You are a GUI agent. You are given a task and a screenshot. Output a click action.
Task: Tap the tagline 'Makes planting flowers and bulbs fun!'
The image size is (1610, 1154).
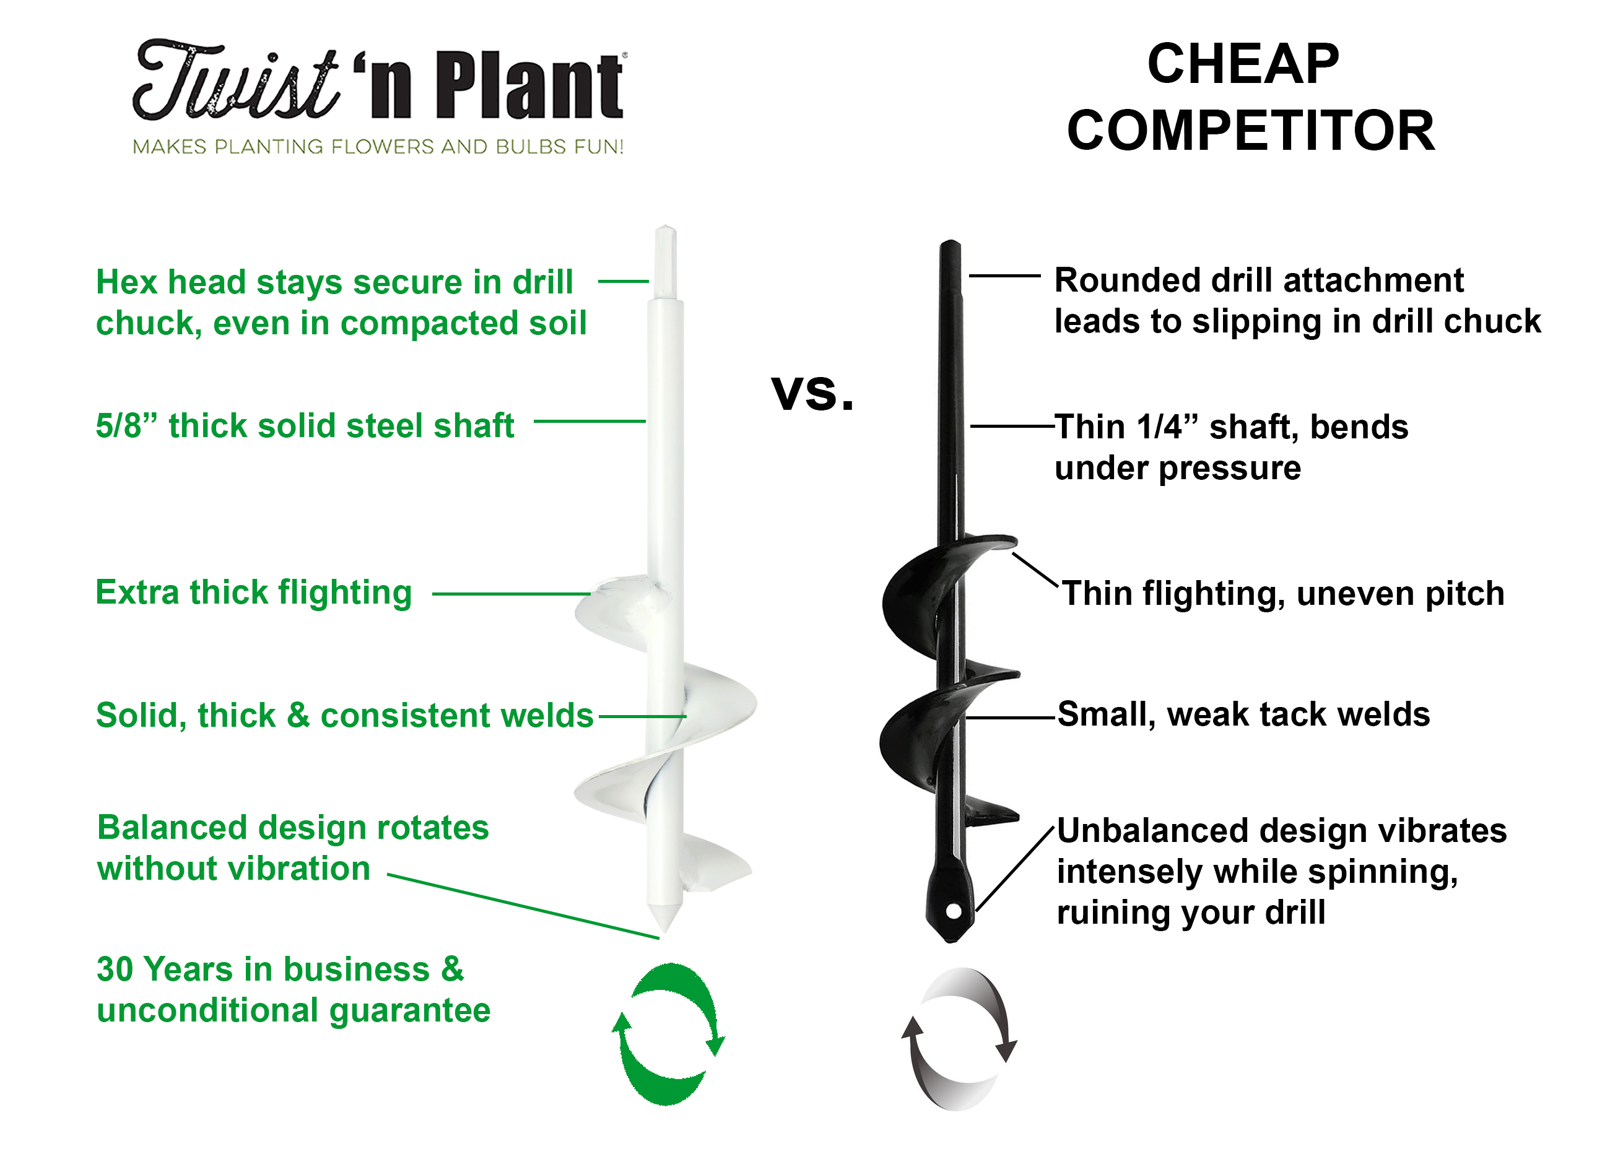tap(378, 147)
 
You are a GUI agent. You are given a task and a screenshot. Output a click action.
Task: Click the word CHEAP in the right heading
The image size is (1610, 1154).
tap(1243, 64)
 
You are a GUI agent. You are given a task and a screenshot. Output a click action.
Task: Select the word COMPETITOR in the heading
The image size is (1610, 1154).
tap(1251, 131)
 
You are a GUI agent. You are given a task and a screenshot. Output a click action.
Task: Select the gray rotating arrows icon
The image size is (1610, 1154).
tap(959, 1038)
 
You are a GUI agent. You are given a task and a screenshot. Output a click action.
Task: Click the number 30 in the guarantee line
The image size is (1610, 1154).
tap(115, 970)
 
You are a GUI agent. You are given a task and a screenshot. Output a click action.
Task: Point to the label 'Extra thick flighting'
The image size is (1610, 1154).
tap(253, 593)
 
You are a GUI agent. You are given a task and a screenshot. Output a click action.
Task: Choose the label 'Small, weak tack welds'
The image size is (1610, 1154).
tap(1243, 714)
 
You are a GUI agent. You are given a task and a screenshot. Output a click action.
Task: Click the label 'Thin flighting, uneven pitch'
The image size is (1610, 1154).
tap(1283, 593)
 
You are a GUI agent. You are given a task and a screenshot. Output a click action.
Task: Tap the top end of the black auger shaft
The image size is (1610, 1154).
tap(950, 243)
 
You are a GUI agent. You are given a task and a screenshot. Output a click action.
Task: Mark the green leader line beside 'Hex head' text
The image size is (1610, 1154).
tap(624, 281)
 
